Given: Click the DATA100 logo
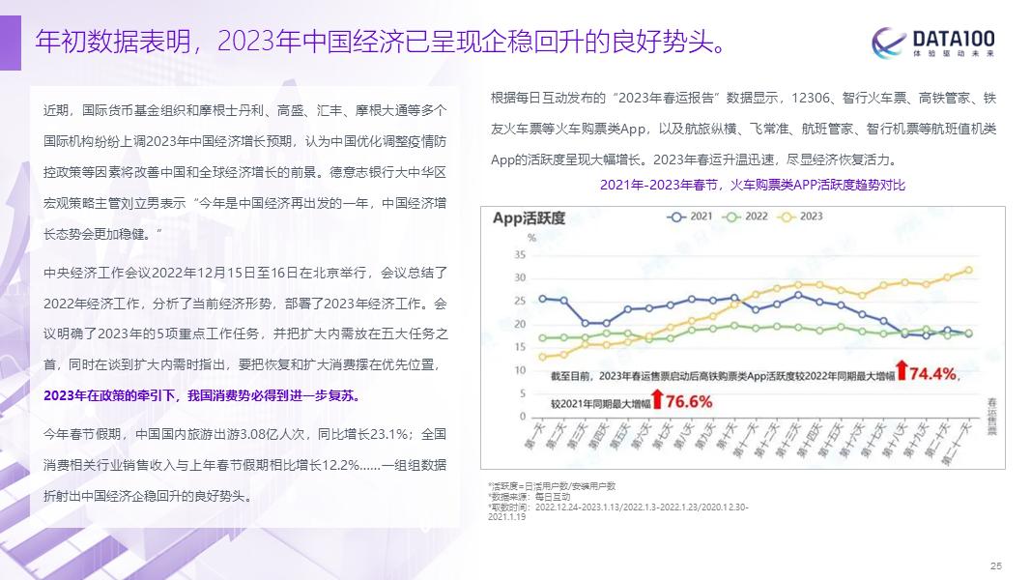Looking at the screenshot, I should point(933,43).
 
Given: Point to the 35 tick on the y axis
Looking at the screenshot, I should point(519,254).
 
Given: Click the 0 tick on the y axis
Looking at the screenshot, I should point(522,417).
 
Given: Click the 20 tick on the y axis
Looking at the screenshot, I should point(519,324).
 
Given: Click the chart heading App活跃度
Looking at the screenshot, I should point(529,218).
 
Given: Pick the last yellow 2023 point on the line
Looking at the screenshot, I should point(968,271).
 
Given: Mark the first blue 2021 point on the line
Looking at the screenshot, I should point(543,299).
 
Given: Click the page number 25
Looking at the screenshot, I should point(997,565).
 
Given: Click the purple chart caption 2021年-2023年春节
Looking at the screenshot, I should point(753,185).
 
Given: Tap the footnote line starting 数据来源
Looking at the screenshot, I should point(531,496).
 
